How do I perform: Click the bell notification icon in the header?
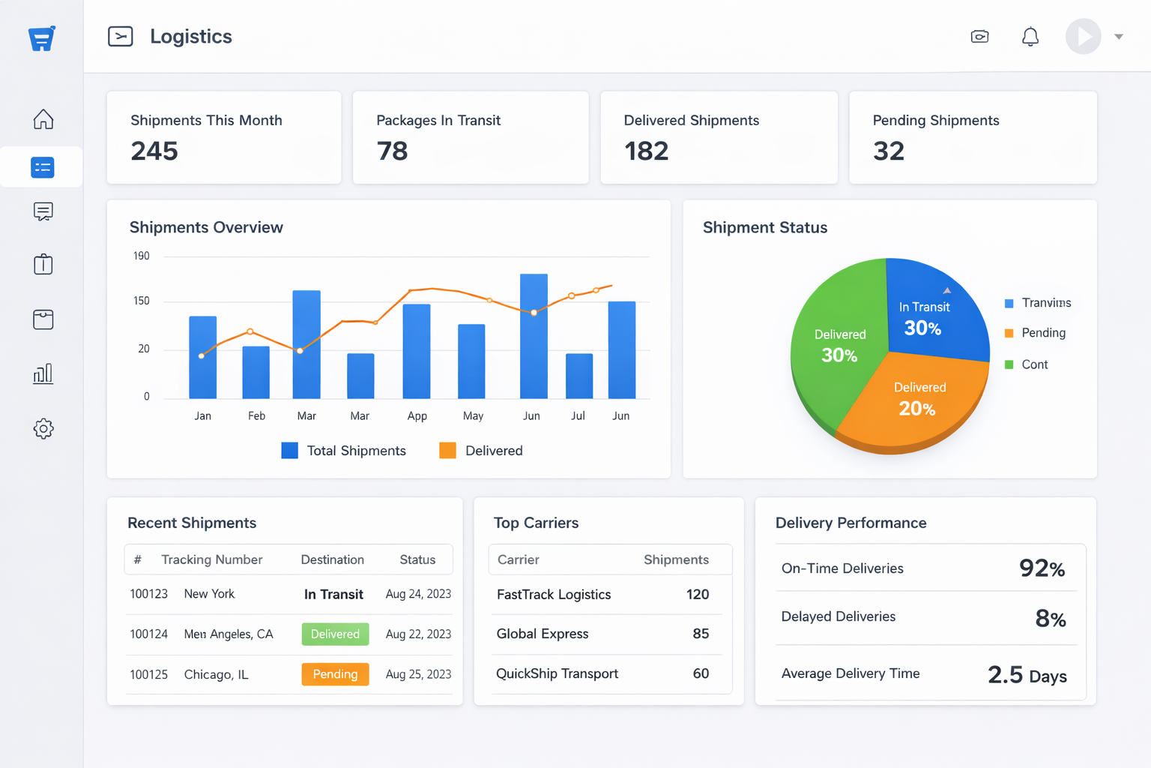click(x=1030, y=37)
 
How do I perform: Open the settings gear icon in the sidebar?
click(x=43, y=428)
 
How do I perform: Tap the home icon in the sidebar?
click(x=43, y=119)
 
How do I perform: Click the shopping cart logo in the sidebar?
click(x=42, y=38)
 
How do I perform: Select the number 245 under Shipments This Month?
click(x=154, y=151)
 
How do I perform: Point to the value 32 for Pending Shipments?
click(x=889, y=151)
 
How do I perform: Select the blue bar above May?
click(x=471, y=361)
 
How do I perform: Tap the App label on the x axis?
click(x=417, y=416)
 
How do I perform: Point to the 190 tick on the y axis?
click(x=142, y=256)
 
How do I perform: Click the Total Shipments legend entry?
click(x=344, y=451)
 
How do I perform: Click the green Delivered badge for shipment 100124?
click(x=335, y=634)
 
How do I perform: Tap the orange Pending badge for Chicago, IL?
click(x=335, y=674)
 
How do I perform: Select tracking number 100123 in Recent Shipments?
click(x=149, y=594)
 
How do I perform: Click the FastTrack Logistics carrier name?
click(x=554, y=595)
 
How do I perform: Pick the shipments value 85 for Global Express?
click(x=701, y=634)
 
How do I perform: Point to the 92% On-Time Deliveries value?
click(x=1042, y=568)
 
